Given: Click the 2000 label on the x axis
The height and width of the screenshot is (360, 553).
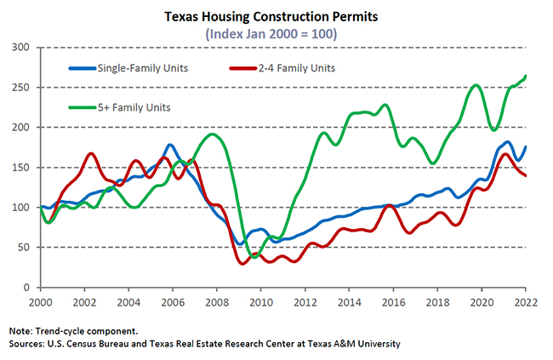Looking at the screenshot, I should tap(41, 302).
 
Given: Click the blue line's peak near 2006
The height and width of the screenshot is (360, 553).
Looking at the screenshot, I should tap(171, 146).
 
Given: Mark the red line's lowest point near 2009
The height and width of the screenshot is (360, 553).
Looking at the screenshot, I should tap(242, 263).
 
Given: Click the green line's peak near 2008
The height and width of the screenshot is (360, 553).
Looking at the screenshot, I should tap(213, 134).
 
